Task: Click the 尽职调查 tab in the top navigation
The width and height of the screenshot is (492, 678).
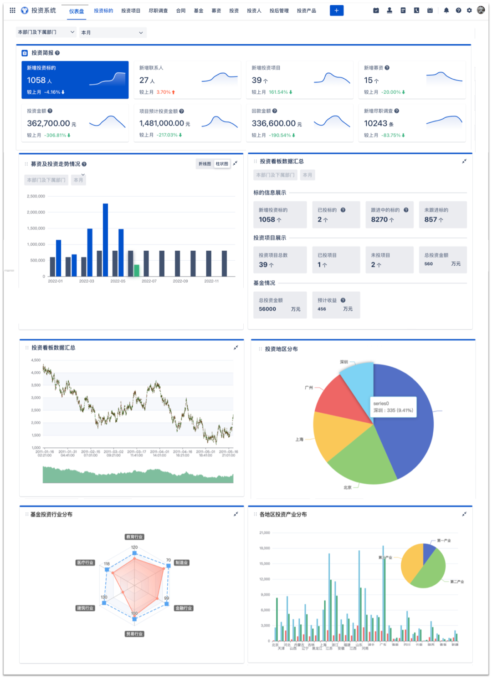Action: pos(158,10)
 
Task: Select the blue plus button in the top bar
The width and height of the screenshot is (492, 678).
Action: pos(336,10)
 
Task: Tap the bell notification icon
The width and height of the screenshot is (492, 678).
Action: pos(446,10)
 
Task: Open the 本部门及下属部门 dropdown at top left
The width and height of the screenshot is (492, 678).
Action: pos(46,32)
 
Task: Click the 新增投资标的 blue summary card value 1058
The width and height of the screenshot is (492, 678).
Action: pos(36,81)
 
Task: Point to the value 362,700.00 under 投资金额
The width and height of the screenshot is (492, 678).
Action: pos(48,123)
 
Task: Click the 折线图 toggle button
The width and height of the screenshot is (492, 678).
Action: pos(205,164)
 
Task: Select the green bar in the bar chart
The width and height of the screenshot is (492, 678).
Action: pos(136,270)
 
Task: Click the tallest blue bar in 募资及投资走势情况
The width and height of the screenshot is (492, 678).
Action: pos(105,239)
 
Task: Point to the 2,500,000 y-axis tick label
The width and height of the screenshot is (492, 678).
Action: pos(36,196)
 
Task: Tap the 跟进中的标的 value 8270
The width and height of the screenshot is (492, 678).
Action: pos(379,219)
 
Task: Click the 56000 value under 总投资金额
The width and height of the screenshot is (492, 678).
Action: pos(267,309)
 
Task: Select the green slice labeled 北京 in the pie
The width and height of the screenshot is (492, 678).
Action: pos(362,464)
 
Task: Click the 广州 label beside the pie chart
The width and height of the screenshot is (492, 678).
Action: pos(309,388)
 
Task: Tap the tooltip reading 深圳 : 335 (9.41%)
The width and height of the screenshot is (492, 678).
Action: pos(393,407)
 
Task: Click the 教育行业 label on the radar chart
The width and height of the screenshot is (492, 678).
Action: pos(134,537)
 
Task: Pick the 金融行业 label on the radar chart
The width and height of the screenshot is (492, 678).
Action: pos(184,608)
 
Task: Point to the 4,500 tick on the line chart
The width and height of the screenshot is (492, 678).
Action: pos(36,360)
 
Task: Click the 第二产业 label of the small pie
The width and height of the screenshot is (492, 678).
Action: pos(457,582)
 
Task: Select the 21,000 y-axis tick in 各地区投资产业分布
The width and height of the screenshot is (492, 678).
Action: pos(265,532)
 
